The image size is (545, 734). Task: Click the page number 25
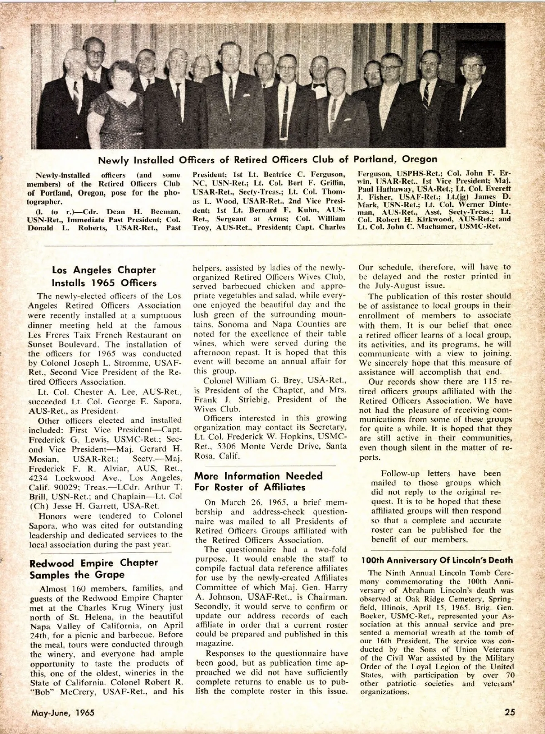click(510, 712)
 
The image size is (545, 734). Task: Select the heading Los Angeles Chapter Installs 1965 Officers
click(104, 276)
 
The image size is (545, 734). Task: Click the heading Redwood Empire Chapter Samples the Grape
click(94, 569)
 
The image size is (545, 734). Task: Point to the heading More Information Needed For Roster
click(258, 482)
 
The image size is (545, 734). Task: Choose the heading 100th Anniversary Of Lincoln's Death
click(437, 560)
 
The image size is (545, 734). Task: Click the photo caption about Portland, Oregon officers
click(268, 159)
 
